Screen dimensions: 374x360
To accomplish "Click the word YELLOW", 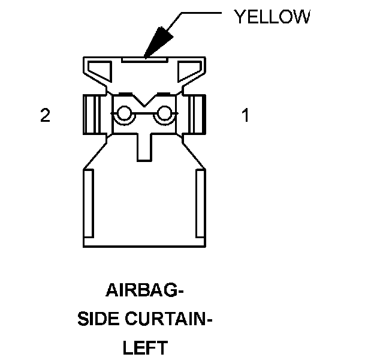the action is point(272,17).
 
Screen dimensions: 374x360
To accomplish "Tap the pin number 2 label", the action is point(45,115).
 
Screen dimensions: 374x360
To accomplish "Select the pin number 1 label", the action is point(245,115).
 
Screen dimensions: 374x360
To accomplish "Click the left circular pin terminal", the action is point(125,114).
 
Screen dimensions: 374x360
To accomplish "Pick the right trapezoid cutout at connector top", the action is point(189,72).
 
